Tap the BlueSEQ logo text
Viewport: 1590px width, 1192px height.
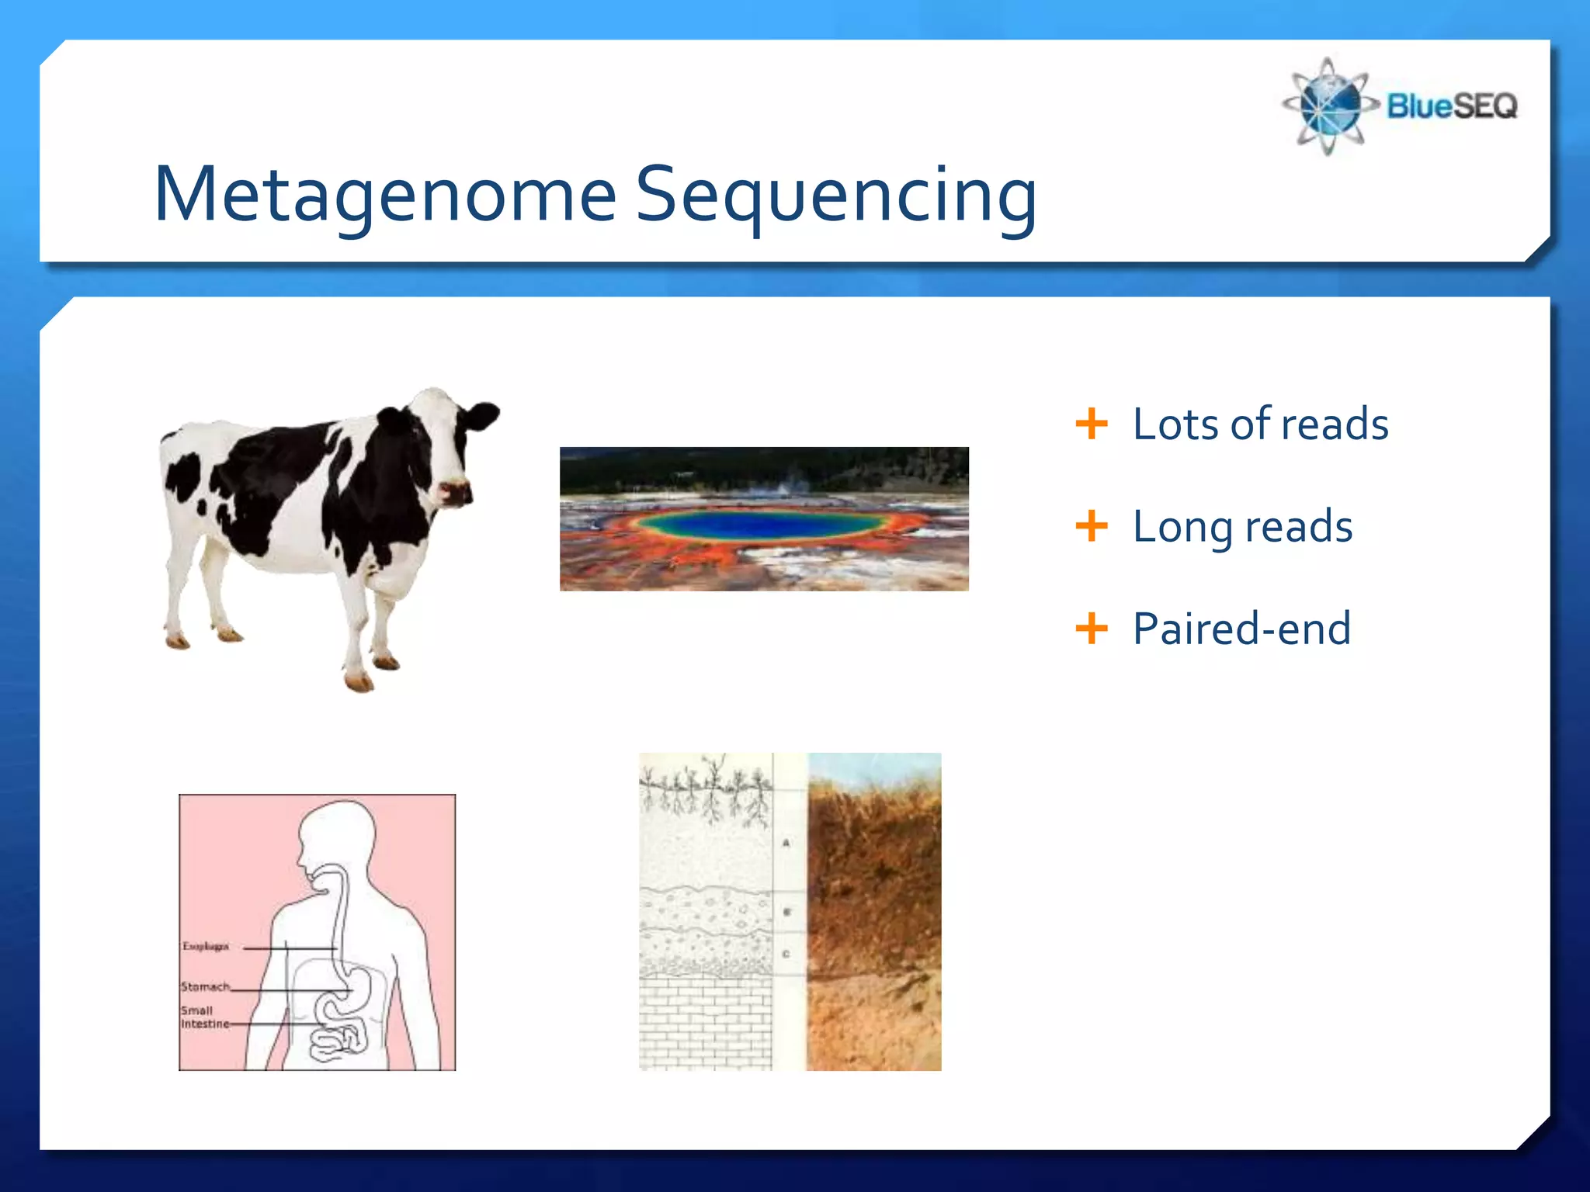(x=1451, y=106)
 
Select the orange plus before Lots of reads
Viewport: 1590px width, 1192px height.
(x=1091, y=424)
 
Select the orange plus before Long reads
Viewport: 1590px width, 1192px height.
(x=1091, y=526)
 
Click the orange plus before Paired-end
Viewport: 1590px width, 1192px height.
(x=1091, y=628)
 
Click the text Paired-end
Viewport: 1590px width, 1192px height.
(x=1241, y=628)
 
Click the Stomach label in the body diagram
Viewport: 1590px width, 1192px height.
(x=205, y=986)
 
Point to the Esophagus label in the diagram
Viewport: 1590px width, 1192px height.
(x=205, y=946)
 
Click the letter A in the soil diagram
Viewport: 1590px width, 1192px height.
(x=786, y=843)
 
